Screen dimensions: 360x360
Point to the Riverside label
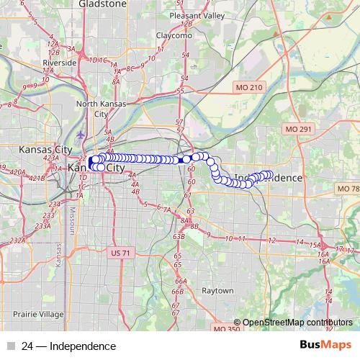tap(60, 63)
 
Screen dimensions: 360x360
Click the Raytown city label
tap(217, 291)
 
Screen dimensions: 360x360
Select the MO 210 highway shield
tap(251, 87)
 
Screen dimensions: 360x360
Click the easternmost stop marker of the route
tap(269, 174)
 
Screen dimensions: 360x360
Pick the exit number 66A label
tap(181, 282)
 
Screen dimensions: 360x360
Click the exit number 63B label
tap(179, 236)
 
